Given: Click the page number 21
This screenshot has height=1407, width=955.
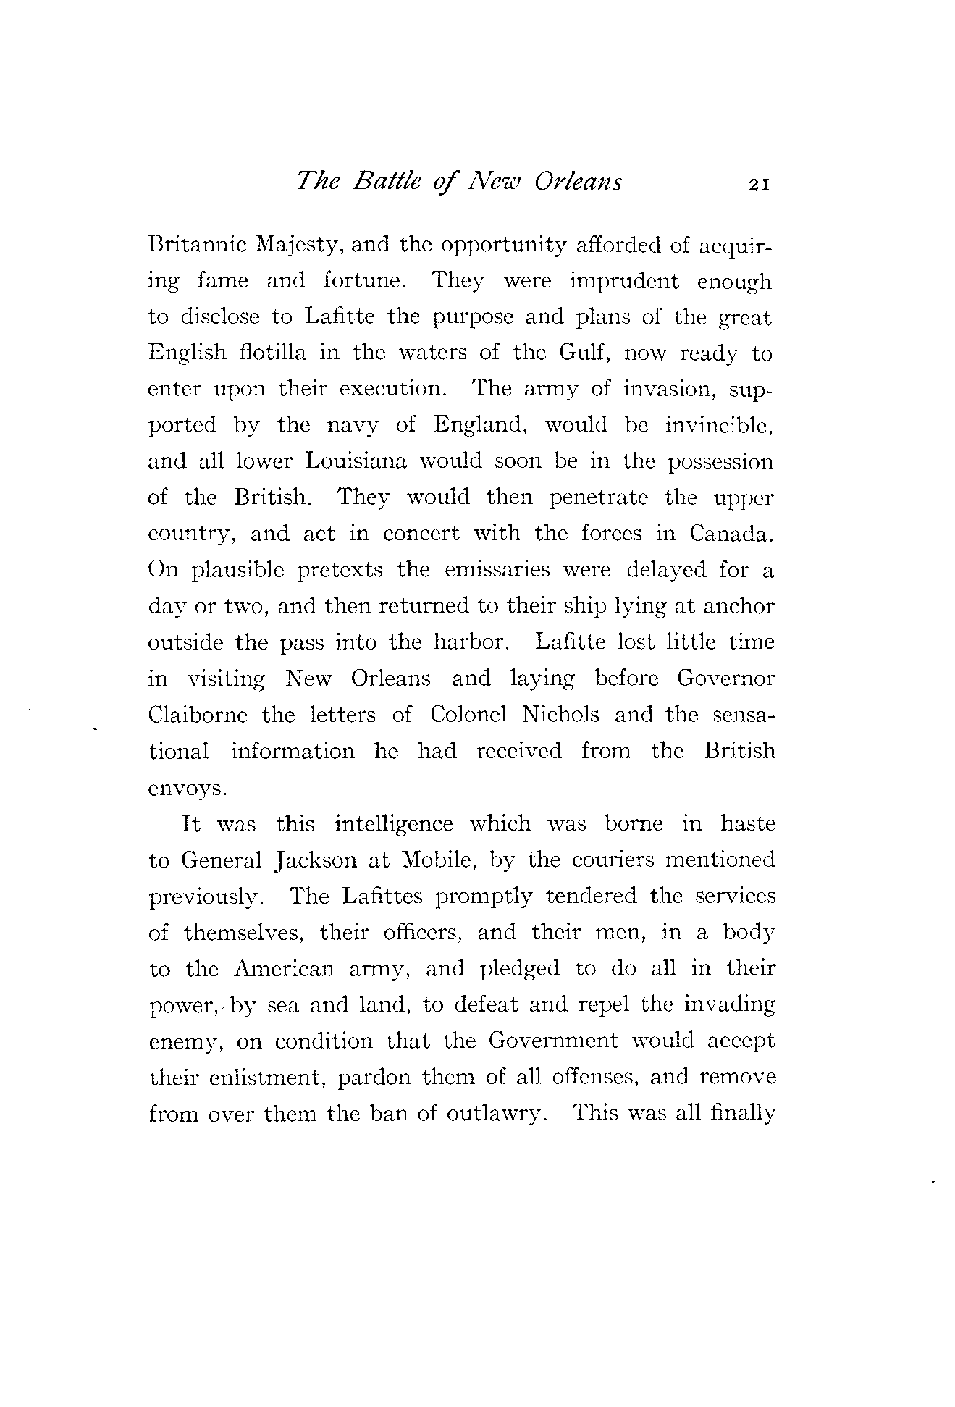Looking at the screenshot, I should pyautogui.click(x=759, y=184).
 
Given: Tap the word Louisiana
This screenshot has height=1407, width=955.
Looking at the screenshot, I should pyautogui.click(x=358, y=461).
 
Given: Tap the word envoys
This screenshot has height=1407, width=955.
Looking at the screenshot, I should pyautogui.click(x=188, y=789).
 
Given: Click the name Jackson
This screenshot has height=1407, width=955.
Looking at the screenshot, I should pyautogui.click(x=317, y=860).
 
